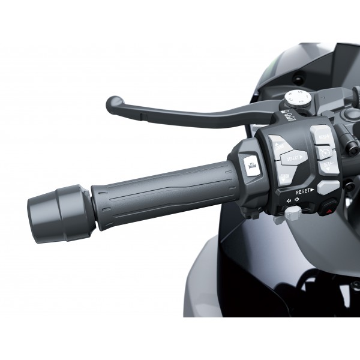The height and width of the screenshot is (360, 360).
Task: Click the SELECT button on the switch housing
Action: click(x=293, y=158)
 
